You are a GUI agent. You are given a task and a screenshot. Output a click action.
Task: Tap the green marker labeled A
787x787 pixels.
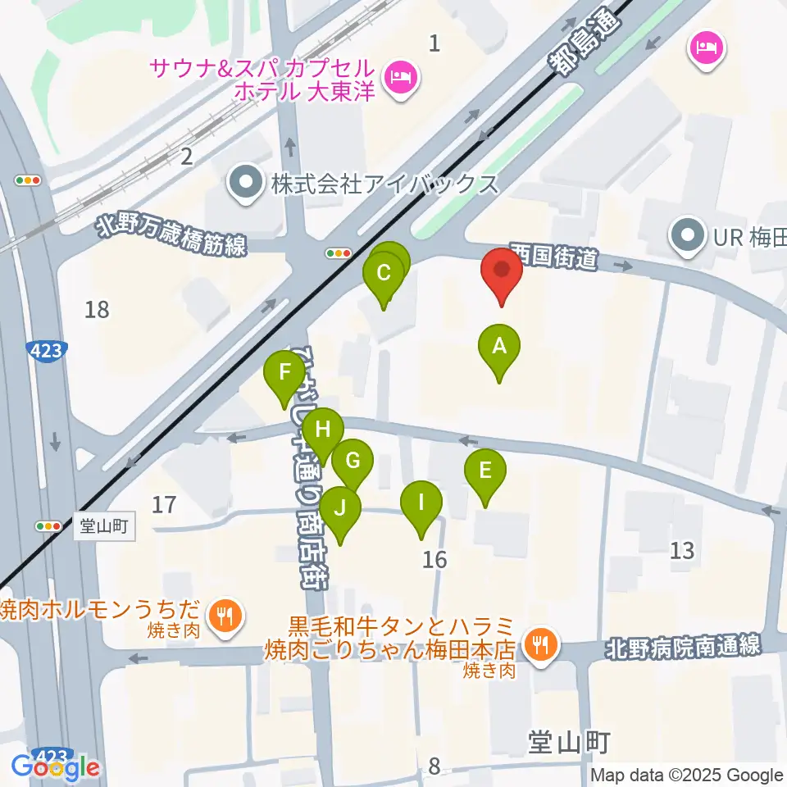point(499,348)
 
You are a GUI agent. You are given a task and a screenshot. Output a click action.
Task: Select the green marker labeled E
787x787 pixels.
point(484,473)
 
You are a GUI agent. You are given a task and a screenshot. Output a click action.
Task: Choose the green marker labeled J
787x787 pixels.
point(339,509)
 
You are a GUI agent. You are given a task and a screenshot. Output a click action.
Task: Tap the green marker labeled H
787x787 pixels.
point(322,430)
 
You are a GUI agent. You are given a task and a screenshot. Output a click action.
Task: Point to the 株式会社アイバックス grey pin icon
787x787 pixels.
point(244,182)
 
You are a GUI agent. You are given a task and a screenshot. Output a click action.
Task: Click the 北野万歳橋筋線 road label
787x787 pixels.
point(171,234)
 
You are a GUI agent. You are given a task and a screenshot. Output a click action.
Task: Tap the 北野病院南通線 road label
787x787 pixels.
point(684,647)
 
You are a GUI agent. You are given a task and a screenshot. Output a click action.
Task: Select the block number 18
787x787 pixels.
point(97,310)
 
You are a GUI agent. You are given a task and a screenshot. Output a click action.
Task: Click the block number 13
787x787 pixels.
point(682,550)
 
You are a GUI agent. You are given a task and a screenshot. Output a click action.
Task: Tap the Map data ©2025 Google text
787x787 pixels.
point(687,776)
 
